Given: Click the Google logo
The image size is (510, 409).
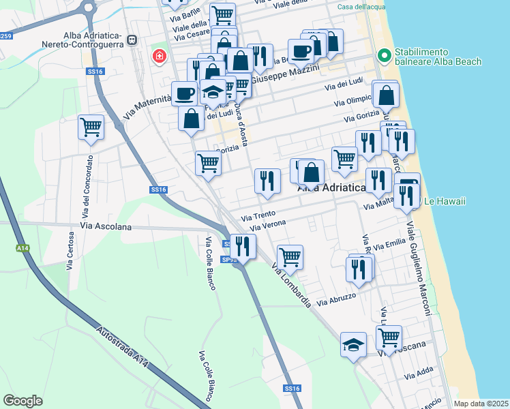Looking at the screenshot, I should pos(23,401).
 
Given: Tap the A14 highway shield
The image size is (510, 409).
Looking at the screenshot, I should pos(23,249).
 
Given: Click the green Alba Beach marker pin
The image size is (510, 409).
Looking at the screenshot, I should pos(384,56).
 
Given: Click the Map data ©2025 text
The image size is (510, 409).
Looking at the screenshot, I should pos(481,404).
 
